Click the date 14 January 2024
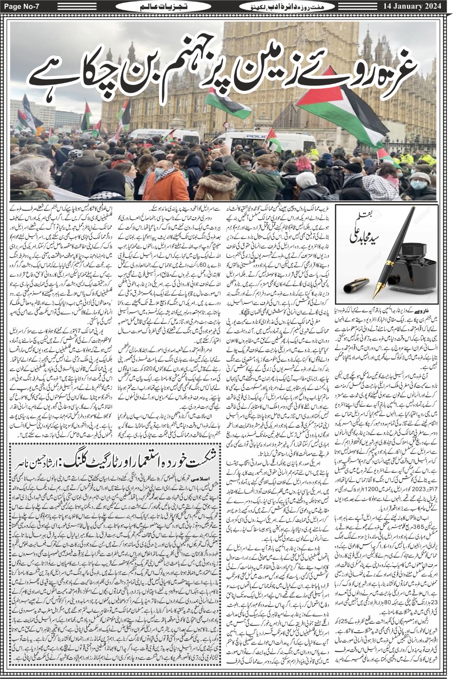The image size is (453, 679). coord(417,6)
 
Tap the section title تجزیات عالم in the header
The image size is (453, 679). coord(147,6)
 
